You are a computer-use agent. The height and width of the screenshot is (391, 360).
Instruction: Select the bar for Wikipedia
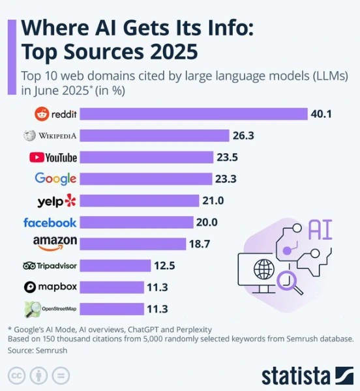pos(157,136)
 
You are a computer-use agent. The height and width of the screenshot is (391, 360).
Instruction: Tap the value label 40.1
pos(322,114)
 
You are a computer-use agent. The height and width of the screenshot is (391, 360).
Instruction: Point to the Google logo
pos(55,179)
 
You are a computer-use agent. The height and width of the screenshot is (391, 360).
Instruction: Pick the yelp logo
pos(57,200)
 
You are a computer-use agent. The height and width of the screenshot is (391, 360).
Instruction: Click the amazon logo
pos(55,243)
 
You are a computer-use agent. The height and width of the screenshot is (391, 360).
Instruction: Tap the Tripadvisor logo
pos(50,265)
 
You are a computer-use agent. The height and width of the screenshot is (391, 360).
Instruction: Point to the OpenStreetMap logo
pos(51,308)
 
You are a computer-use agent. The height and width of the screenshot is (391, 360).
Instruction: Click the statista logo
pos(307,376)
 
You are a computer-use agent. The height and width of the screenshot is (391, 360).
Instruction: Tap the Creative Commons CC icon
pos(16,375)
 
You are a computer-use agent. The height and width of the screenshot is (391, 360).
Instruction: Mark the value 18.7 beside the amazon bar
pos(200,244)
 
